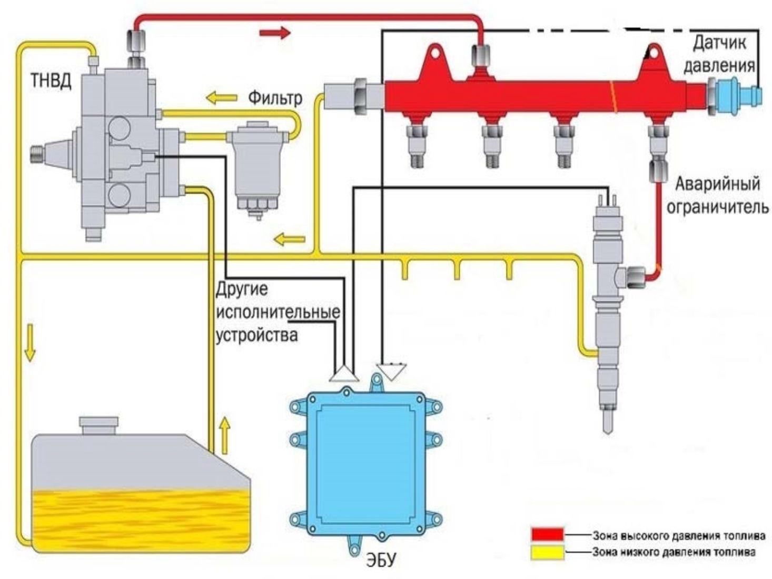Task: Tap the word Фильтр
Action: point(275,98)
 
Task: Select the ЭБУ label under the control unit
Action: point(380,560)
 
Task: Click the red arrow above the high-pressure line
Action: point(275,33)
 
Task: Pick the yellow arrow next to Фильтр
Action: point(221,97)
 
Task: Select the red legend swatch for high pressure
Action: point(547,535)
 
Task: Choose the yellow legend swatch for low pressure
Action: point(547,552)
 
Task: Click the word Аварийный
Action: point(717,184)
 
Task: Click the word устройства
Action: point(257,335)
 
